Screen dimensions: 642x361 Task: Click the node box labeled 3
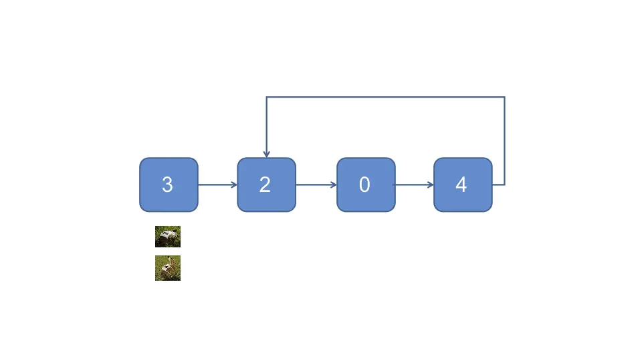point(169,185)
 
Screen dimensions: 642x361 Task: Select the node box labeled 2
point(266,185)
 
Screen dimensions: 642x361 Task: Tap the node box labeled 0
point(365,185)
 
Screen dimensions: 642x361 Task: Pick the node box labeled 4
point(463,185)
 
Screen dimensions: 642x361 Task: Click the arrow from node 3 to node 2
point(217,185)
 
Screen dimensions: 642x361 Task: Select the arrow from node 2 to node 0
point(316,185)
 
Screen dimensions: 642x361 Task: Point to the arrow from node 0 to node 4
point(414,185)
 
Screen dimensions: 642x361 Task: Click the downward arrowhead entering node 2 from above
point(267,154)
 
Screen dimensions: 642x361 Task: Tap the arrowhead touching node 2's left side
point(234,185)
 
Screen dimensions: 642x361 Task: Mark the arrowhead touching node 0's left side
point(333,185)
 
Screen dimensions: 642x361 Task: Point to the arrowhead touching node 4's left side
point(431,185)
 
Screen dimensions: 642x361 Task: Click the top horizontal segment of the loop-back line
point(385,97)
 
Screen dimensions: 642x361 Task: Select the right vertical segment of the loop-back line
point(504,140)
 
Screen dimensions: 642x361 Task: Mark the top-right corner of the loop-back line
point(504,97)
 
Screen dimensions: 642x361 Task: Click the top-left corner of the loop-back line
point(267,97)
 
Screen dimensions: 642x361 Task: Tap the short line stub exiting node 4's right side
point(498,185)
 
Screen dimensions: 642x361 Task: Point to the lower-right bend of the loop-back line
point(504,185)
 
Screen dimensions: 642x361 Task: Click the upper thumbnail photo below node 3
point(168,237)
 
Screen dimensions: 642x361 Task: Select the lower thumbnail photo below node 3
point(168,268)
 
